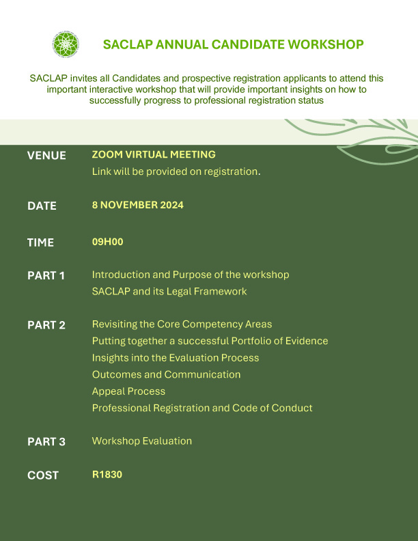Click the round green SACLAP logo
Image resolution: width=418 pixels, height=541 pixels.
tap(66, 44)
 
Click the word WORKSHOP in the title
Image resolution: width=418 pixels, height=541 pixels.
tap(325, 45)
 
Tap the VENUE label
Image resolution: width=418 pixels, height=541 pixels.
tap(46, 156)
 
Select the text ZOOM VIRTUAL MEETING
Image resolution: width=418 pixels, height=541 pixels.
tap(154, 155)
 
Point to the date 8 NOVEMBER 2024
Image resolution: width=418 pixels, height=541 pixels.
tap(137, 205)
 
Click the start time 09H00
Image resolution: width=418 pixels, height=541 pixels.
tap(107, 242)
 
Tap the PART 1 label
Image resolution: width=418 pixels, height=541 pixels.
tap(46, 276)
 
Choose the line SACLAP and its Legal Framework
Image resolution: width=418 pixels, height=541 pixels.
tap(169, 292)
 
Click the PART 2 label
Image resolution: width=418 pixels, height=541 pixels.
tap(46, 325)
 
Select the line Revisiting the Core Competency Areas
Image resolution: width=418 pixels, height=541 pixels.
tap(182, 324)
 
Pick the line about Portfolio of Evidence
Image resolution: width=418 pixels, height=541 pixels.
tap(210, 341)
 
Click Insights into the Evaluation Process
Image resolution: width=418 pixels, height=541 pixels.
tap(176, 357)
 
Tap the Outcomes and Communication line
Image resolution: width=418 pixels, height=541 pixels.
tap(166, 374)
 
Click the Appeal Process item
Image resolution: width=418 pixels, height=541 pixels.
tap(128, 391)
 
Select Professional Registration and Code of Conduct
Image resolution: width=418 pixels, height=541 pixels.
tap(202, 408)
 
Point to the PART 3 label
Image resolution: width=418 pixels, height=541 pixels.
tap(46, 442)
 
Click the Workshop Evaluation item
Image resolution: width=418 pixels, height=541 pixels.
tap(141, 441)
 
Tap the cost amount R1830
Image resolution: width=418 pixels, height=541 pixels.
tap(107, 475)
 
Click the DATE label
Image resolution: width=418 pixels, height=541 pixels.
tap(42, 206)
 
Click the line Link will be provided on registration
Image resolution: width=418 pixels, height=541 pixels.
tap(176, 171)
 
